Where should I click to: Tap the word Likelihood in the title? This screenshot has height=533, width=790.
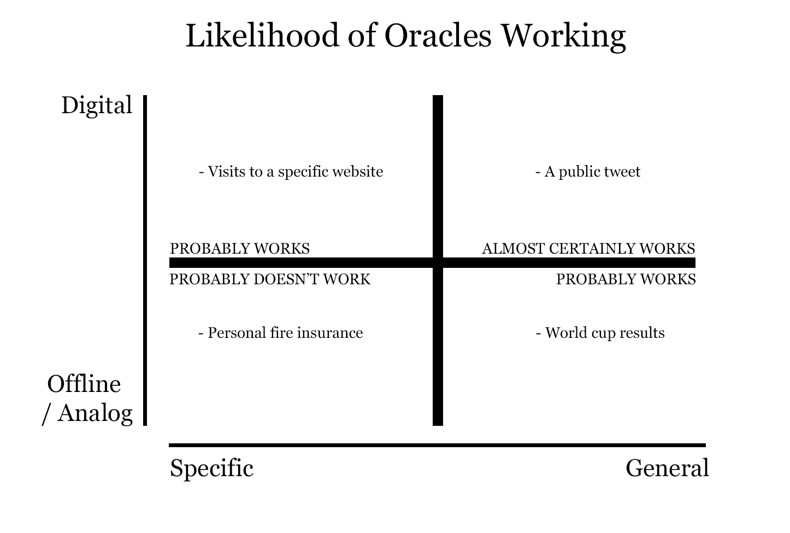click(262, 36)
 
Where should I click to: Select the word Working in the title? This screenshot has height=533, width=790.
click(564, 37)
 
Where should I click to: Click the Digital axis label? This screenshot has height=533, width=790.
click(97, 106)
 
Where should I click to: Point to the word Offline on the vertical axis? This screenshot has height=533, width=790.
click(84, 384)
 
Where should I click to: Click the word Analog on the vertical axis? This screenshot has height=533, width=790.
click(95, 414)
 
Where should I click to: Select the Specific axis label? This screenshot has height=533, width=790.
click(211, 468)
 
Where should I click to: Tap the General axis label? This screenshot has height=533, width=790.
click(667, 468)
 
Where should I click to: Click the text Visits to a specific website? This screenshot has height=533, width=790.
click(295, 172)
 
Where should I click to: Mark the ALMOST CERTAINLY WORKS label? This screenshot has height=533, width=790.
click(588, 249)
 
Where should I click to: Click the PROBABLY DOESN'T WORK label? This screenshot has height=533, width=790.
click(270, 279)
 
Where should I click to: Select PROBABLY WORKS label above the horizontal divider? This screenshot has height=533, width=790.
click(239, 249)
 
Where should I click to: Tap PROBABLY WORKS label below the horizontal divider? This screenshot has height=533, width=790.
click(626, 279)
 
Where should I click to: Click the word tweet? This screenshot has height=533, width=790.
click(622, 172)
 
